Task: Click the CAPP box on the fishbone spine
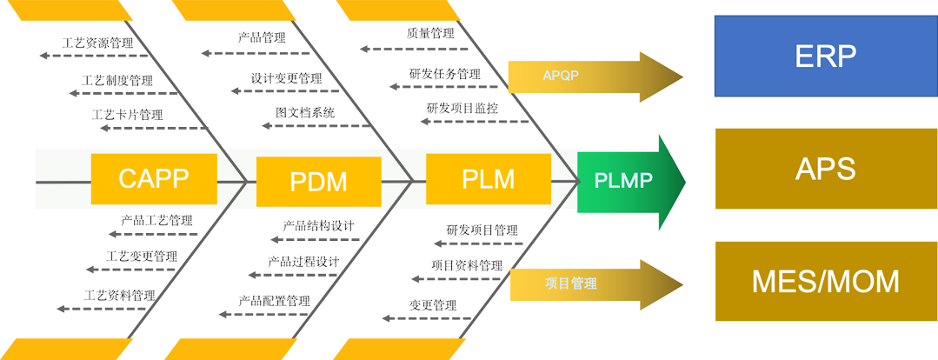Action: (153, 179)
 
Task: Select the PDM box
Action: (318, 182)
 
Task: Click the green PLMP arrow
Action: (624, 181)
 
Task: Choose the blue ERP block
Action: (825, 57)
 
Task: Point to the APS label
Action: (825, 169)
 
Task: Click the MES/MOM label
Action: (825, 283)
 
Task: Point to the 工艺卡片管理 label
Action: (131, 116)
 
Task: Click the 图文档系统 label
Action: (305, 113)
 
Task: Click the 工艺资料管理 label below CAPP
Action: (121, 295)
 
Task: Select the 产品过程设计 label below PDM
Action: (305, 262)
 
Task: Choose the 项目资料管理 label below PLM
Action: (467, 264)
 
